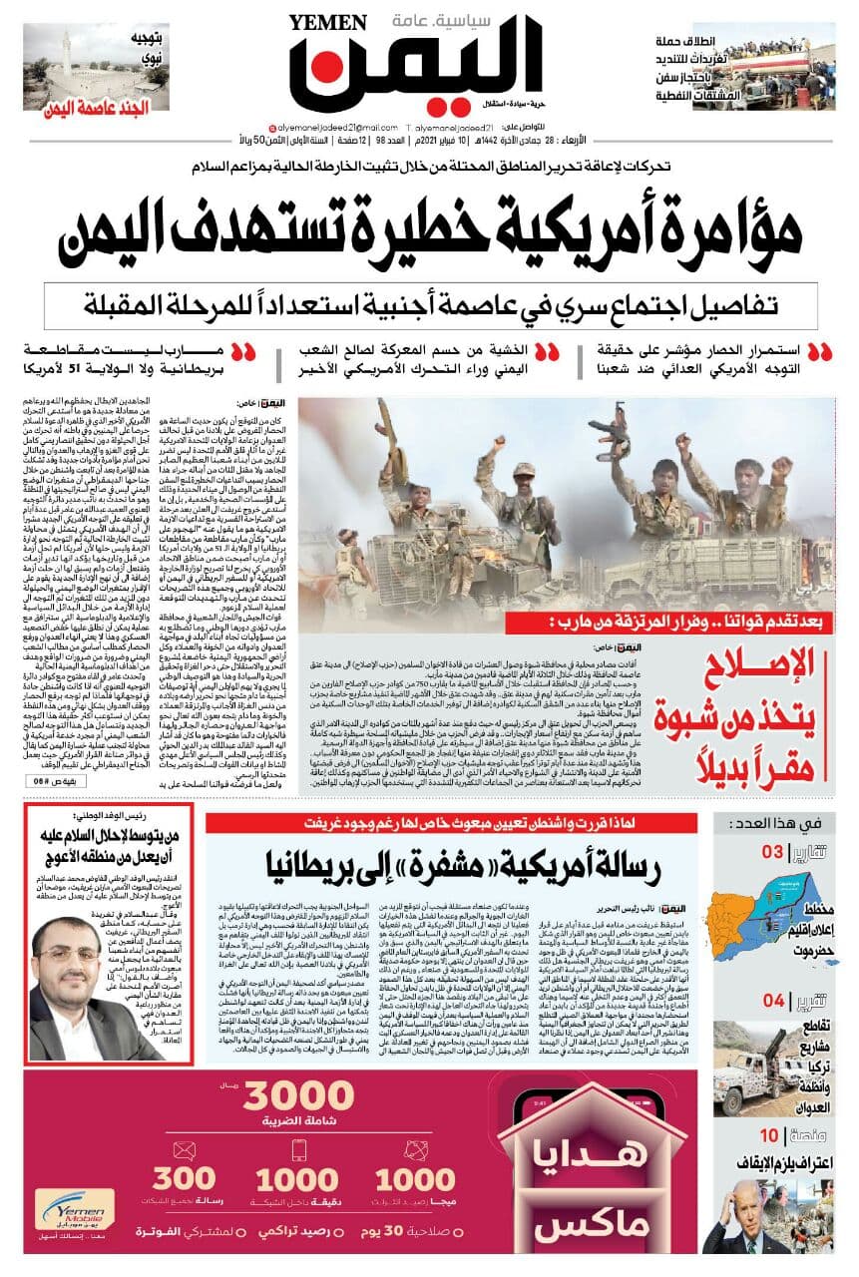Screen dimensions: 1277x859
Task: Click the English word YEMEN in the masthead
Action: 324,23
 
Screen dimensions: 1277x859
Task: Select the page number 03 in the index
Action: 773,852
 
